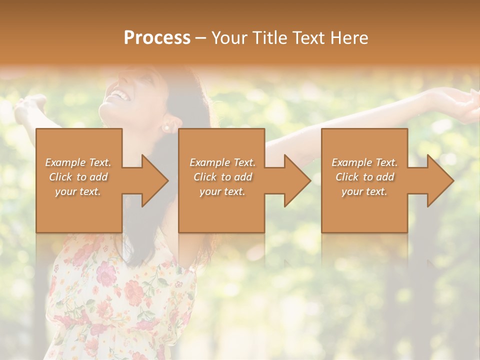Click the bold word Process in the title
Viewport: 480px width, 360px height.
(x=157, y=38)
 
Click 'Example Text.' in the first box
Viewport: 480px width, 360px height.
(x=78, y=162)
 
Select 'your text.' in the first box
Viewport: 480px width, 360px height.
(x=78, y=191)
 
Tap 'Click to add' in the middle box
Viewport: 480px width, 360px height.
(x=222, y=177)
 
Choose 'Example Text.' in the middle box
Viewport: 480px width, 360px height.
(x=222, y=162)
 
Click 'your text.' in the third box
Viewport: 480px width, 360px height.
(x=364, y=191)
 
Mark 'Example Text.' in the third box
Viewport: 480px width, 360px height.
(x=364, y=162)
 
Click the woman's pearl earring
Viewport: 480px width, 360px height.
(x=166, y=128)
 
